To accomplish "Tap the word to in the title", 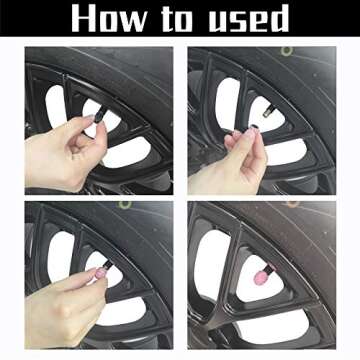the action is point(178,19).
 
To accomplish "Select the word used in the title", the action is point(248,18).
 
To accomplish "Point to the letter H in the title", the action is point(83,18).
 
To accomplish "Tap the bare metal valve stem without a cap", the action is point(268,111).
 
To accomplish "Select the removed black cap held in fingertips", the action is point(254,127).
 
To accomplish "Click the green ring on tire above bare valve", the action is point(286,51).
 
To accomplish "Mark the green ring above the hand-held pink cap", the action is point(124,204).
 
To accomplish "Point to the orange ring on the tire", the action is point(292,204).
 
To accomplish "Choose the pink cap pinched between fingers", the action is point(101,274).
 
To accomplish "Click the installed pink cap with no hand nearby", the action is point(261,277).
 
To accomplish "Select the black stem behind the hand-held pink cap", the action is point(108,265).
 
